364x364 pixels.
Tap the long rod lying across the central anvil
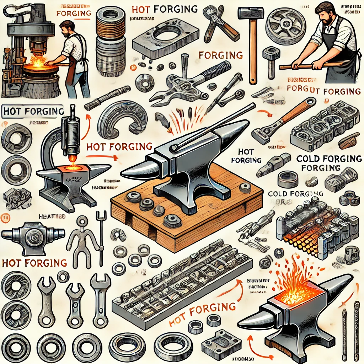(x=213, y=124)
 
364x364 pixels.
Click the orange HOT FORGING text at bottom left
(x=34, y=263)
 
